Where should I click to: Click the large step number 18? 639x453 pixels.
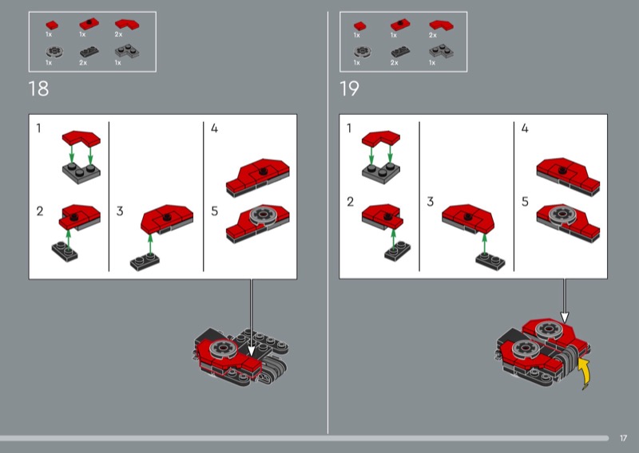point(38,89)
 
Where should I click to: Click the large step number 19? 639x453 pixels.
point(349,89)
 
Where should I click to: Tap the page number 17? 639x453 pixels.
point(623,438)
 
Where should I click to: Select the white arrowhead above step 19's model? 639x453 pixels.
point(565,317)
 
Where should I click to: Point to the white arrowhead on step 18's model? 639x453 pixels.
point(251,351)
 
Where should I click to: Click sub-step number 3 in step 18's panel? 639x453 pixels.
point(120,211)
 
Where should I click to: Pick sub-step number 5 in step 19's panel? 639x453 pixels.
point(525,202)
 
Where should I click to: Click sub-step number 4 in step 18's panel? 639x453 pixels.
point(214,128)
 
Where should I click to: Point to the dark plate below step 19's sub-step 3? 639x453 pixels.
point(490,261)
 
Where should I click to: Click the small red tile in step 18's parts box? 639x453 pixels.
point(52,26)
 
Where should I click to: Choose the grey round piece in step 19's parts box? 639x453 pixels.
point(362,52)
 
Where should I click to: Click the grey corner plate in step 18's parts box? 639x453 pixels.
point(127,51)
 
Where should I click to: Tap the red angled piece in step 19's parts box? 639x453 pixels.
point(442,26)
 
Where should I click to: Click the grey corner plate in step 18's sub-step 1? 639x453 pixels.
point(81,173)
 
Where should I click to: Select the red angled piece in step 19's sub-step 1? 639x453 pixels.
point(381,139)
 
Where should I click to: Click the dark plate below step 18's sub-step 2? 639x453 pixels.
point(65,251)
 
